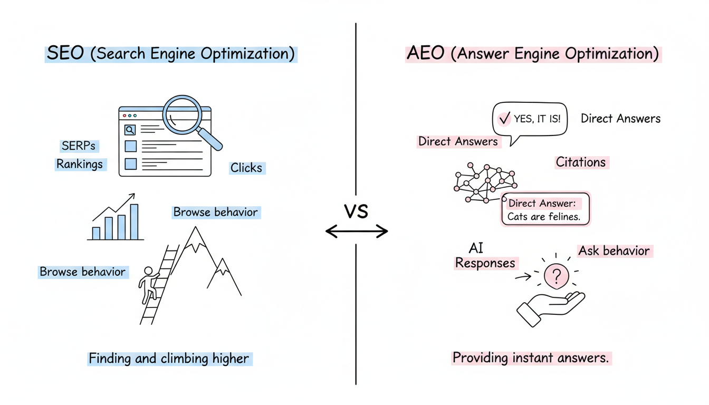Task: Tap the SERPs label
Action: [x=80, y=146]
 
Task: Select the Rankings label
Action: [x=80, y=164]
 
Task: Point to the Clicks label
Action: [x=246, y=168]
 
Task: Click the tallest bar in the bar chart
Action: [x=134, y=222]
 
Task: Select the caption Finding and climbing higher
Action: [x=169, y=359]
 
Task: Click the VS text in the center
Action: [x=356, y=211]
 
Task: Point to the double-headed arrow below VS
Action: [x=357, y=231]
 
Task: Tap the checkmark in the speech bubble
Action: [x=504, y=119]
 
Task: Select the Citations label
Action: [x=581, y=162]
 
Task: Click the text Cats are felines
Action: [x=544, y=217]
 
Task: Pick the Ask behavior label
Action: [x=614, y=250]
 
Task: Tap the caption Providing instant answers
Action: [x=531, y=358]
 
